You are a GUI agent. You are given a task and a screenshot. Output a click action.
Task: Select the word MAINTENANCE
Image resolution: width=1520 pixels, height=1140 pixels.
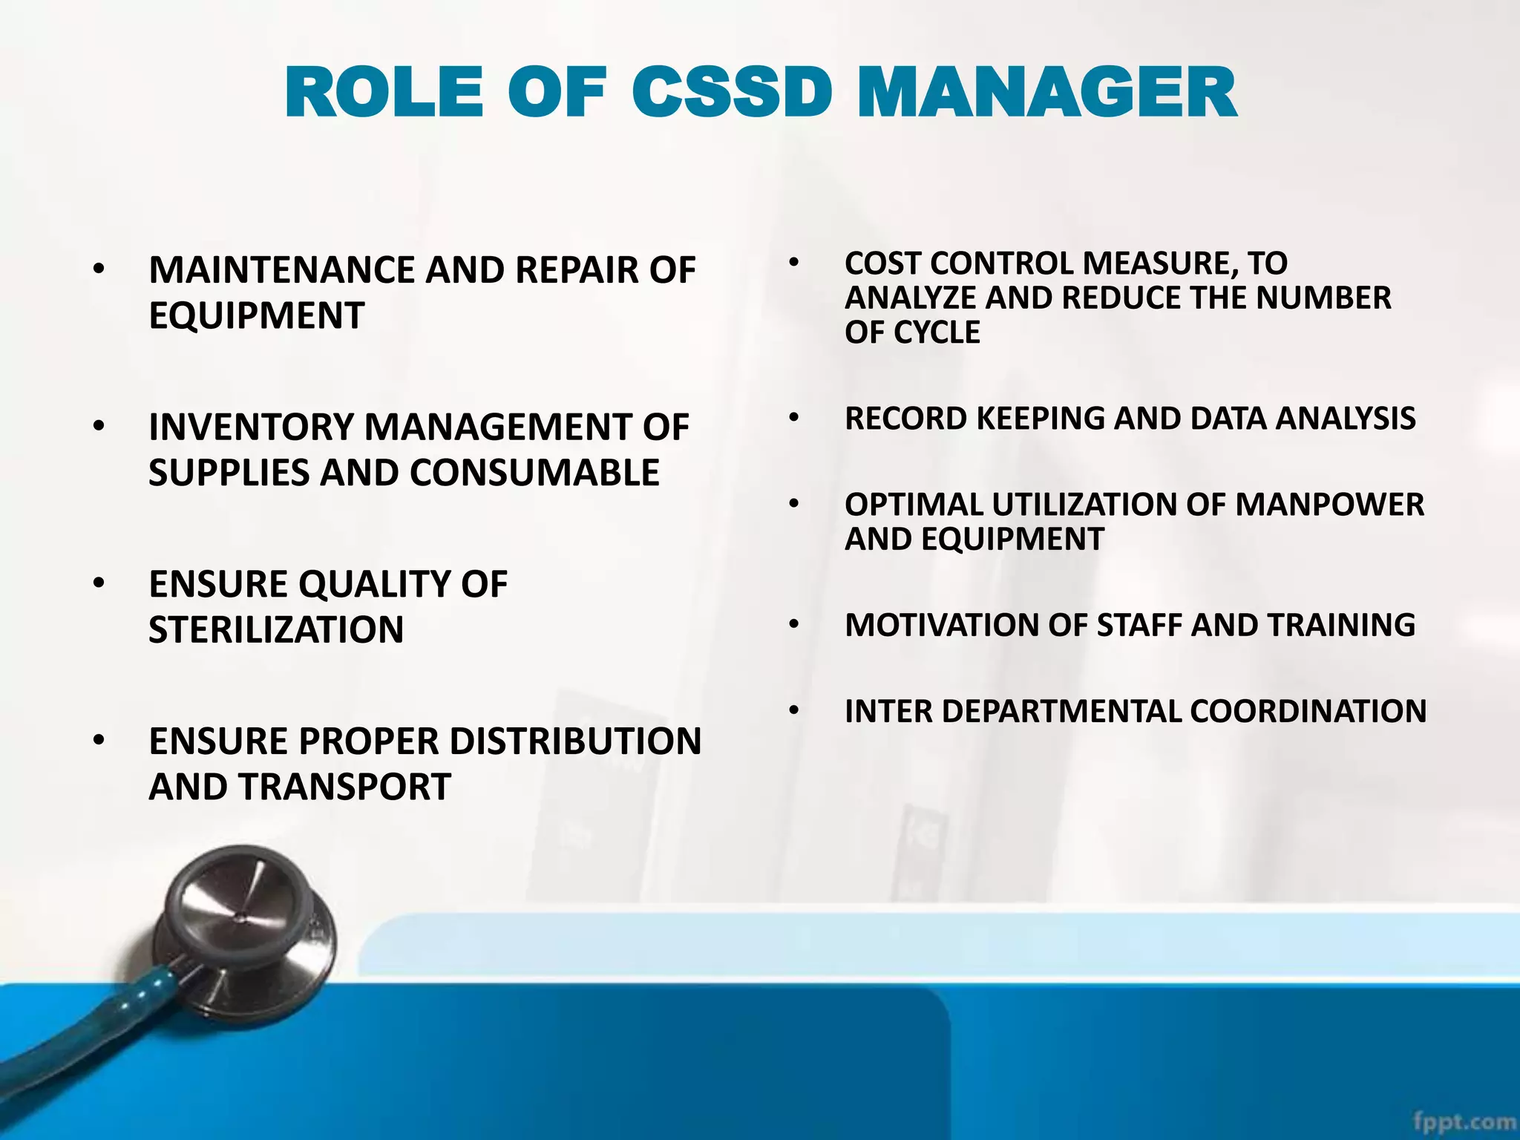(284, 270)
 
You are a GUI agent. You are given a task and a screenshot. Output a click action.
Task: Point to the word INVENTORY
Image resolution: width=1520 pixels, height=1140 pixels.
(252, 427)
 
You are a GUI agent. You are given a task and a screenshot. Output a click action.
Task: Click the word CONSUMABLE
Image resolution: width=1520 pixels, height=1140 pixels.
(534, 473)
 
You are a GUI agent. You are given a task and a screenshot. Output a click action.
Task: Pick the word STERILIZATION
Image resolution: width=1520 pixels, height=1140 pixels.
(276, 630)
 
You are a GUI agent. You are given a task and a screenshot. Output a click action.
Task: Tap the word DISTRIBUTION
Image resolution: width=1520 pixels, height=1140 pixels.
(575, 741)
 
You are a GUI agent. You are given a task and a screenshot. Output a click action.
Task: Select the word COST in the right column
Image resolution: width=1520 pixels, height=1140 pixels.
(883, 263)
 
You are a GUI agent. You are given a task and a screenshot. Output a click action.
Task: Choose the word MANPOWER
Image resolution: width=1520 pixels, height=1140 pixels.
(1329, 505)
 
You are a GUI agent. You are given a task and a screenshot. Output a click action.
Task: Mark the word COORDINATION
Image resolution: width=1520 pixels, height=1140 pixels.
(1308, 711)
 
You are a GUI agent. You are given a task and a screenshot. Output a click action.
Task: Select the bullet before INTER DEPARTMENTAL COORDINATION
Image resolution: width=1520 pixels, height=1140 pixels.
(794, 711)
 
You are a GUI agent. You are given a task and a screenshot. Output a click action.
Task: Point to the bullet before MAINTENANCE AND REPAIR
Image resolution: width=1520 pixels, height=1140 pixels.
(99, 270)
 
